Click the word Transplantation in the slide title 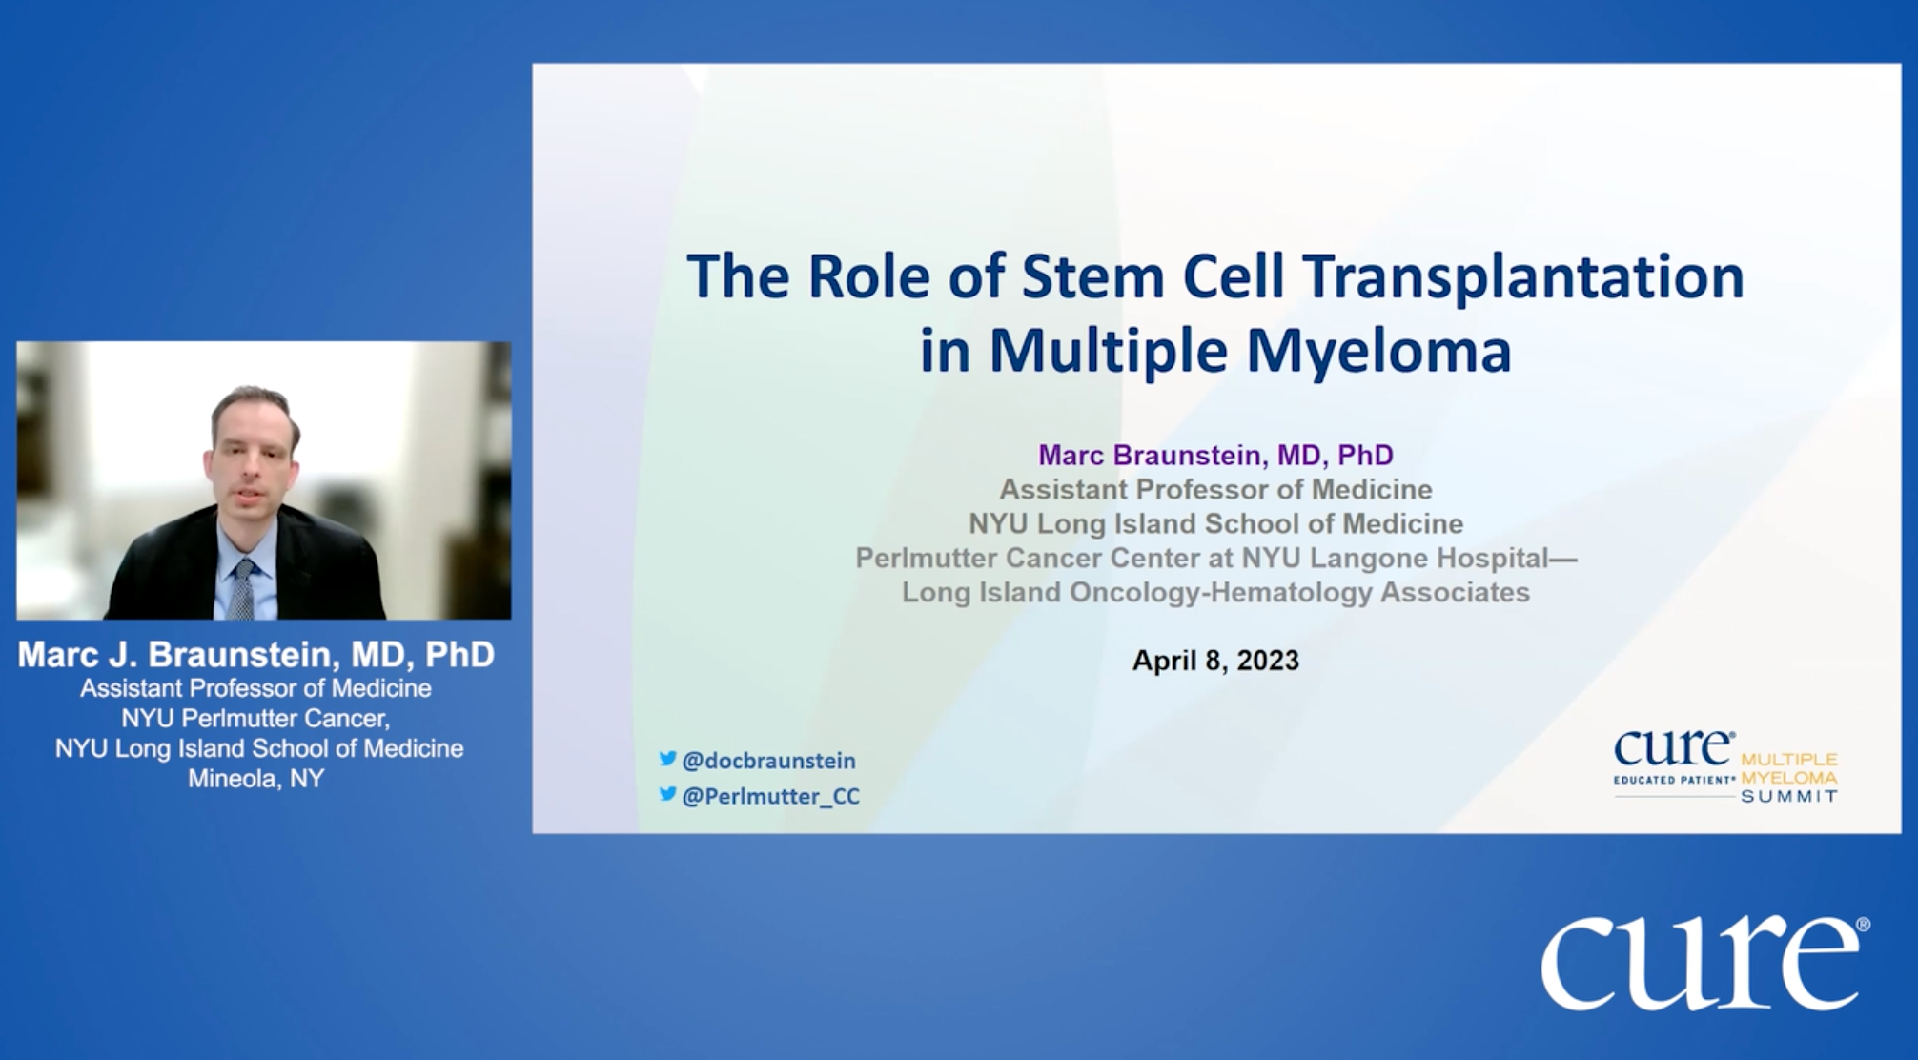[1523, 277]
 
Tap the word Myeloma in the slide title [1378, 351]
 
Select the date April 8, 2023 [1215, 661]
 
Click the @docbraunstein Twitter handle [768, 761]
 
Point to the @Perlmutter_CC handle [770, 796]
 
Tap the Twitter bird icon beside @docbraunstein [667, 759]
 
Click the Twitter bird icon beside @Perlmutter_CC [667, 794]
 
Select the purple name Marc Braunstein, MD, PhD [1215, 456]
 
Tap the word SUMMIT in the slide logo [1789, 797]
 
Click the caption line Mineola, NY [255, 779]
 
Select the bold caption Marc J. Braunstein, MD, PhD [255, 655]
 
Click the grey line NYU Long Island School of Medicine [1215, 524]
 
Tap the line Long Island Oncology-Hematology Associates [1215, 593]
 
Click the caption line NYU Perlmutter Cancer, [255, 718]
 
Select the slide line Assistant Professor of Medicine [1215, 490]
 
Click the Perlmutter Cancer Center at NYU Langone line [1215, 559]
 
